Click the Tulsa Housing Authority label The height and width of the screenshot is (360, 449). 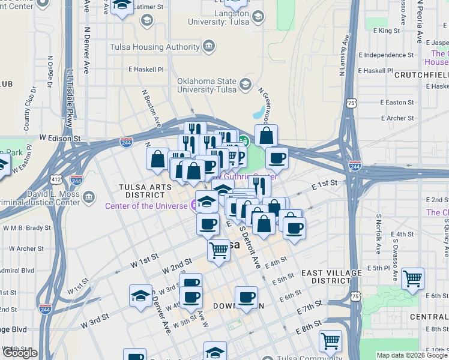[x=155, y=47]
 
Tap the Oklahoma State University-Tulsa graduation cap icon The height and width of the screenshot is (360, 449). [x=245, y=84]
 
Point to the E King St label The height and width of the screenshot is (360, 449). [x=386, y=30]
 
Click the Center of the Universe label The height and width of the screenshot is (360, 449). [x=146, y=206]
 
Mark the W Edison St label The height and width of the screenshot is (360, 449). [x=60, y=138]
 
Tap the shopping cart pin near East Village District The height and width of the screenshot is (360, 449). [x=412, y=278]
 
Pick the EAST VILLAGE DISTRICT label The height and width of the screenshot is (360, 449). [x=331, y=277]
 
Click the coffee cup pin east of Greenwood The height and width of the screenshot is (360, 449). [x=277, y=158]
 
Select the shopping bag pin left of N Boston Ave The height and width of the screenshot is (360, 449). [x=157, y=159]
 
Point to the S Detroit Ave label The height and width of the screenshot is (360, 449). [x=250, y=246]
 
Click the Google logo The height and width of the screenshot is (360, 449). [x=20, y=353]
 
